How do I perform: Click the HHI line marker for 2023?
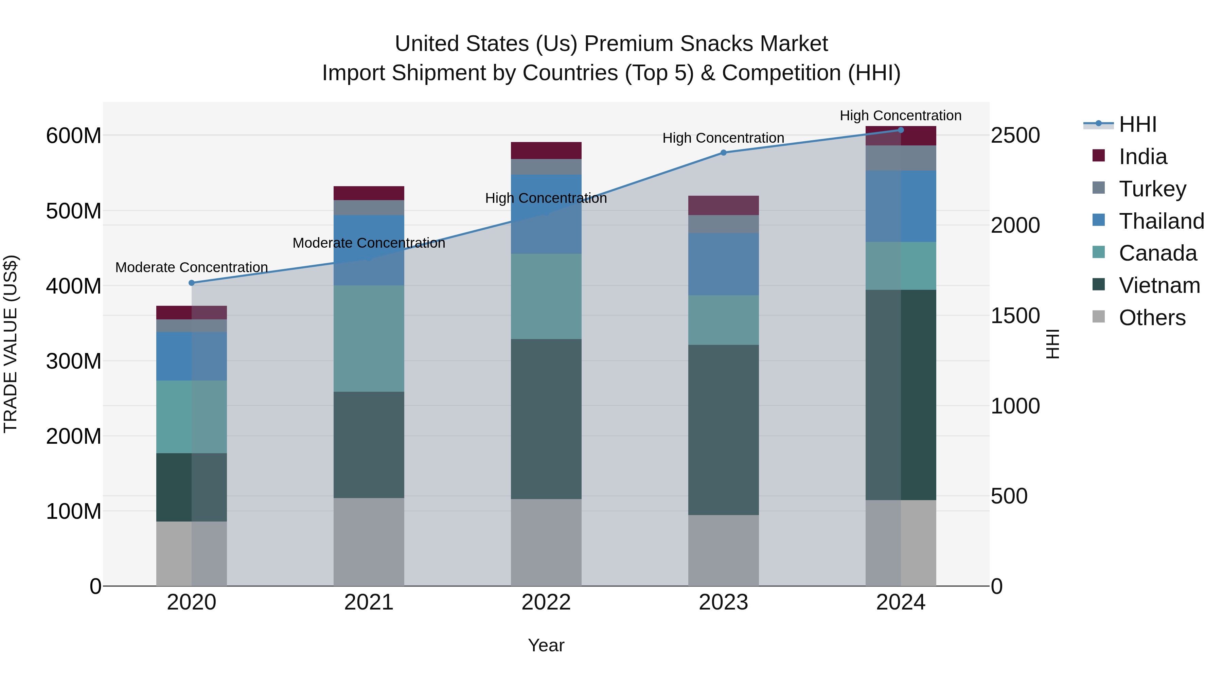point(724,153)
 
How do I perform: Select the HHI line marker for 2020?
point(192,283)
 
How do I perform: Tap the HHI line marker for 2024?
point(901,130)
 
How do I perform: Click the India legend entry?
point(1142,157)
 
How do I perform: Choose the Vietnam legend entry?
point(1159,285)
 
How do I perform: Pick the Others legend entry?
point(1152,318)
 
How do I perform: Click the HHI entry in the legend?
point(1137,124)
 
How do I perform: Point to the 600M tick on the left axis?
point(74,136)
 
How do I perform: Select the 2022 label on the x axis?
point(546,602)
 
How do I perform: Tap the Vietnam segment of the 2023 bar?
point(724,430)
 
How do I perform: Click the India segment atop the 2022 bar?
point(546,151)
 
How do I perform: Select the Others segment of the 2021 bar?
point(369,542)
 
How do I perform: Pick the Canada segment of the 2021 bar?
point(369,338)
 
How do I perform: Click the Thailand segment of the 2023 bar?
point(724,264)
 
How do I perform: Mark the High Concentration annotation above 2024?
point(901,116)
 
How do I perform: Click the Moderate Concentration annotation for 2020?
point(192,267)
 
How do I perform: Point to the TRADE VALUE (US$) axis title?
point(11,344)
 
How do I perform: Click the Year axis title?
point(546,645)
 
